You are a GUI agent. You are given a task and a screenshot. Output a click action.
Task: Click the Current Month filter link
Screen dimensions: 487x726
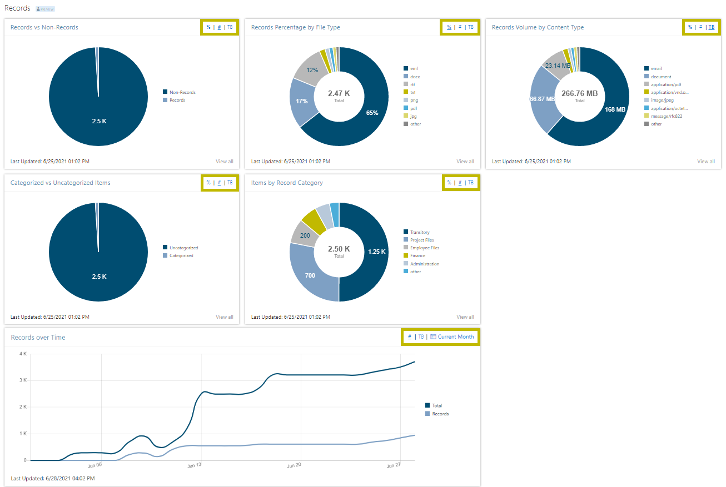(x=455, y=337)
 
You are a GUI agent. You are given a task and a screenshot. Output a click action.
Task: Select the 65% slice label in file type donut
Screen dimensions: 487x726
(x=372, y=113)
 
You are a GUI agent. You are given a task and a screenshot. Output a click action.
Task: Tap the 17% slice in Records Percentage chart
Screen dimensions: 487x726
(x=301, y=101)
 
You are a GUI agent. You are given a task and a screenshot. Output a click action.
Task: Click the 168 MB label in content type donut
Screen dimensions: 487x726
(x=615, y=109)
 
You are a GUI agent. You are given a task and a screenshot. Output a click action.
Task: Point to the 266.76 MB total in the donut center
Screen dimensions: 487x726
(x=579, y=94)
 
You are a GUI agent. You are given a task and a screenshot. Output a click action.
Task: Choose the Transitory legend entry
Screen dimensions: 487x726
(x=419, y=232)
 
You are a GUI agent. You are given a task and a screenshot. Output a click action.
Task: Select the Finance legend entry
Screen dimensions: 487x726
(x=417, y=255)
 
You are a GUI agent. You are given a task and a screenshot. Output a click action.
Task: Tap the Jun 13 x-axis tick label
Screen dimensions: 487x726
(x=194, y=465)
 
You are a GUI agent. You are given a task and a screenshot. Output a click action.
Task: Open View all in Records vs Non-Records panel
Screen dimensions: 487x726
(x=224, y=162)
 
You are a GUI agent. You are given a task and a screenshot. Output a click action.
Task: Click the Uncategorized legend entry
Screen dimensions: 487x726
(x=183, y=248)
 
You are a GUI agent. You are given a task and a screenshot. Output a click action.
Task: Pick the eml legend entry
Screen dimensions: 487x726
(x=414, y=68)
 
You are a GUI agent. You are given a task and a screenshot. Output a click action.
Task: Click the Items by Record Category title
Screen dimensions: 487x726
(x=287, y=183)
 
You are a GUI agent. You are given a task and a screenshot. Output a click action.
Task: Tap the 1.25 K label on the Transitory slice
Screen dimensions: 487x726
(x=376, y=252)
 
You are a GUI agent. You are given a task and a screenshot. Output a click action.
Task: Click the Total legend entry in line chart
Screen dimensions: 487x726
(x=437, y=405)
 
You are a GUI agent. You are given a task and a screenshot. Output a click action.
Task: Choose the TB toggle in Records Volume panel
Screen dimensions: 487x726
(x=711, y=27)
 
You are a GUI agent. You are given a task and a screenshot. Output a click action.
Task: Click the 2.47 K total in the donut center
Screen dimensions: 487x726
(x=339, y=93)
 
